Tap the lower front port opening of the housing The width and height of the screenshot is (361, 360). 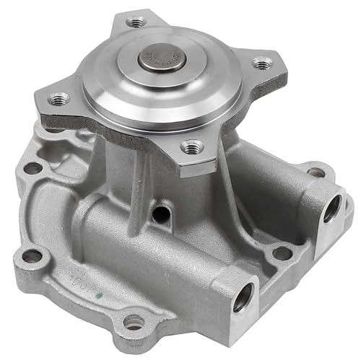(x=243, y=297)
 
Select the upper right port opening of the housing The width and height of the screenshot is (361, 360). (x=331, y=209)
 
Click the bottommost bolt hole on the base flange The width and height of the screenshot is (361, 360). (x=134, y=323)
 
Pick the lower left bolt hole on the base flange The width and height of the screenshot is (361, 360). (x=32, y=256)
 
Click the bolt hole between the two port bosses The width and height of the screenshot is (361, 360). (x=282, y=253)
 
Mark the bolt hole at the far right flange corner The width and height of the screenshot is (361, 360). (x=316, y=172)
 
